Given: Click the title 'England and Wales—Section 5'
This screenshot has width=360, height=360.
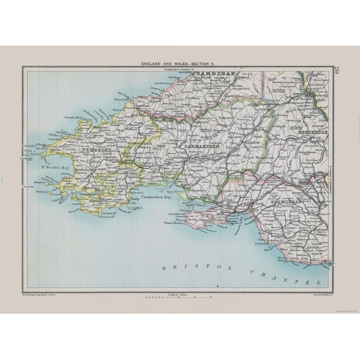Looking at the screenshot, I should pos(180,64).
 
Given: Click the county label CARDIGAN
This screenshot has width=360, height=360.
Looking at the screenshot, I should pos(216,74).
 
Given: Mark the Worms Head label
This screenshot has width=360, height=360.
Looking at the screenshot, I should pos(173,222).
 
